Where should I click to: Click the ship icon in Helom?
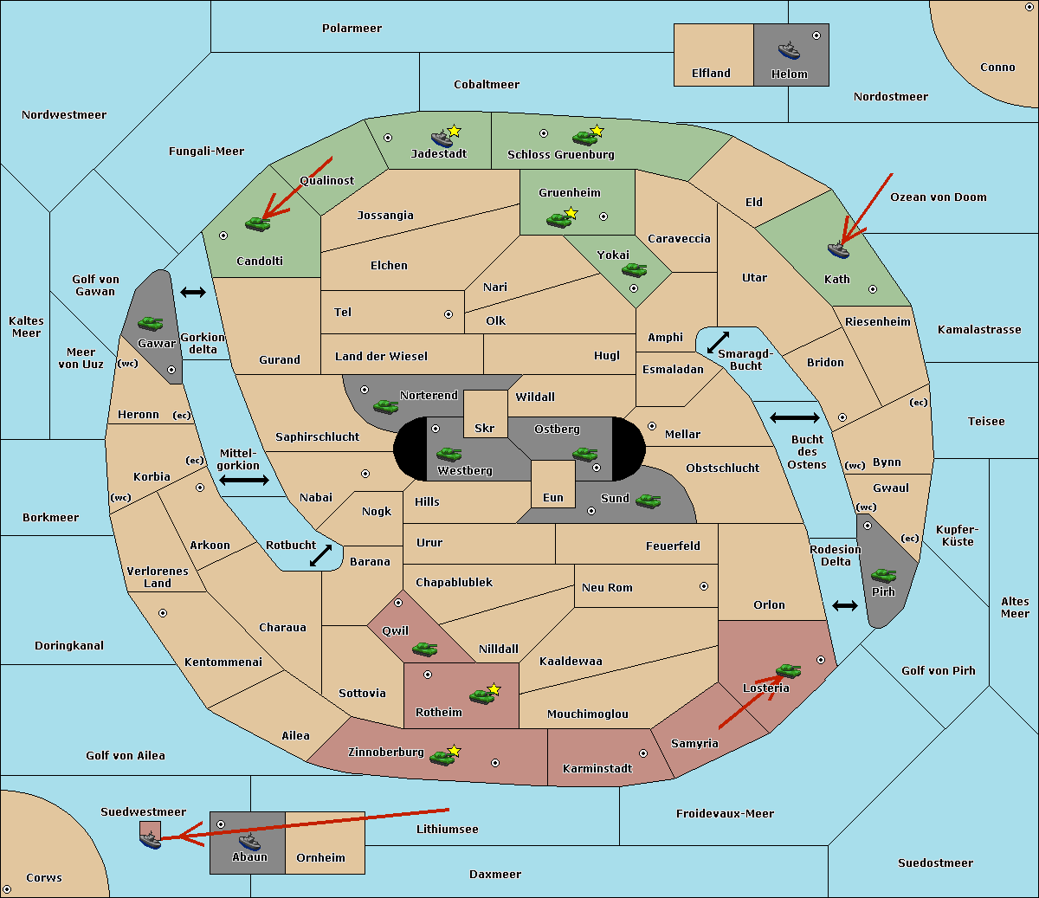pos(788,50)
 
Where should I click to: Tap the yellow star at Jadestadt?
pos(455,131)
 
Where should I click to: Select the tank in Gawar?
pos(150,324)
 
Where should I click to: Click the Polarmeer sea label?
pos(352,29)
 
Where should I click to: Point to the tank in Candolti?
pos(257,223)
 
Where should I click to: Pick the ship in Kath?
pos(838,250)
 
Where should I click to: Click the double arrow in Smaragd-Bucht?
pos(719,343)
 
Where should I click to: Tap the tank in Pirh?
pos(883,576)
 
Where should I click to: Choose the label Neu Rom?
pos(607,587)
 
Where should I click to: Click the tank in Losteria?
pos(788,670)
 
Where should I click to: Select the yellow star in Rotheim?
pos(494,689)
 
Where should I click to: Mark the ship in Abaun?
pos(249,841)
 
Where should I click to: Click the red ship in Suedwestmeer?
pos(151,837)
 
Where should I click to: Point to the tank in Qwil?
pos(424,649)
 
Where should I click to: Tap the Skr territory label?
pos(484,428)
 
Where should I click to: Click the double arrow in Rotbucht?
pos(320,556)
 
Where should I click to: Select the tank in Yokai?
pos(634,270)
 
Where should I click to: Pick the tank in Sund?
pos(648,501)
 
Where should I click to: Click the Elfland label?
pos(711,74)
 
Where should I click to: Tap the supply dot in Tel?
pos(449,314)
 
